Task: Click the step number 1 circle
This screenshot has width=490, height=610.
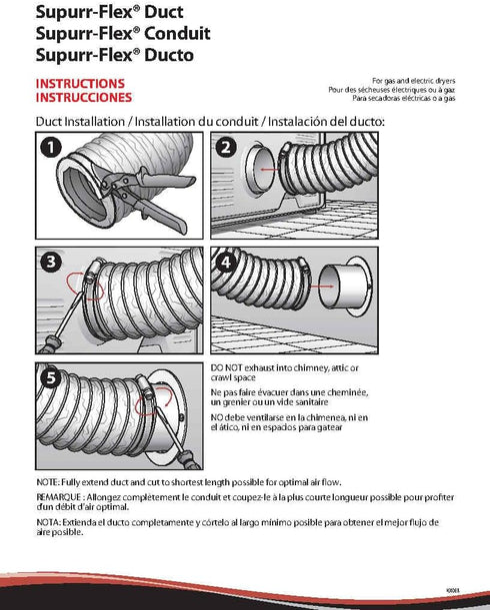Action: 51,148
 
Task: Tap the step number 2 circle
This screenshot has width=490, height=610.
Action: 226,148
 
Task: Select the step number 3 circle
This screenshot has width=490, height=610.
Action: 51,262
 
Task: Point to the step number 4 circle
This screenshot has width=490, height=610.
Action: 226,263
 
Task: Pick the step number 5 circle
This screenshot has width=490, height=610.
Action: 51,377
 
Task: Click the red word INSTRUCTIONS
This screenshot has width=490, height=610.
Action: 80,84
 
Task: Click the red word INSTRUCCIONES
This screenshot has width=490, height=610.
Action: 84,97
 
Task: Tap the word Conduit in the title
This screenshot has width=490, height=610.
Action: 177,34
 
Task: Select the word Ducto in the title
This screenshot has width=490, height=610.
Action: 169,55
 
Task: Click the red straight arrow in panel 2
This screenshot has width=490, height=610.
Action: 269,170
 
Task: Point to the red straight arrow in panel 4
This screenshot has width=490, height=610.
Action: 322,287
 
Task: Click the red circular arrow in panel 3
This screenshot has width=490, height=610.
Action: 85,286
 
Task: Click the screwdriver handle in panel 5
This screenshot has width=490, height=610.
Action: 189,459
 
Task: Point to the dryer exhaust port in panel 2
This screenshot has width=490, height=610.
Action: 260,170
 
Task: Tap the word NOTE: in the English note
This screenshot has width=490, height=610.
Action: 48,482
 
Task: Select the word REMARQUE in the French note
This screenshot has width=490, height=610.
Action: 59,497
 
